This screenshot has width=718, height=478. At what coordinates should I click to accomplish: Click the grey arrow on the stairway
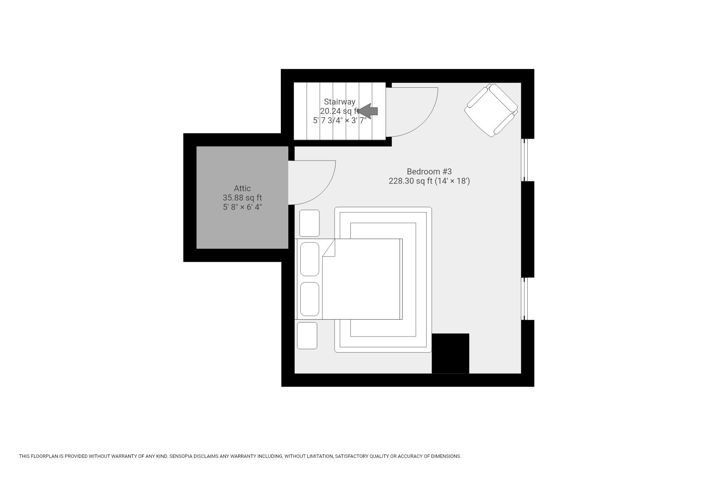point(368,111)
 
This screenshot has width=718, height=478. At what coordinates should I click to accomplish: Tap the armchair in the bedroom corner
point(491,110)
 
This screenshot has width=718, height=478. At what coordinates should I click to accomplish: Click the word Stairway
point(339,102)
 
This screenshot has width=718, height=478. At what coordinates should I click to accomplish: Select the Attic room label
point(242,188)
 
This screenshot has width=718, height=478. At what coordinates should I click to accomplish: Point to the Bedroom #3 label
point(429,171)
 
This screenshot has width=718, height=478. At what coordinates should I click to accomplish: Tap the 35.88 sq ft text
point(242,198)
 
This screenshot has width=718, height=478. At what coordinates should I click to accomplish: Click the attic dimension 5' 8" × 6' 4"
point(242,207)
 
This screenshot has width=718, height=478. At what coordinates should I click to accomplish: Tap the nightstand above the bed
point(309,223)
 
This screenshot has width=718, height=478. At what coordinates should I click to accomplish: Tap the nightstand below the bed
point(307,335)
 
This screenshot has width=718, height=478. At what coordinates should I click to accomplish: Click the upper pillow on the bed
point(310,259)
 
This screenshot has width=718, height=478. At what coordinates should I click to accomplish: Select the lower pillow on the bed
point(310,299)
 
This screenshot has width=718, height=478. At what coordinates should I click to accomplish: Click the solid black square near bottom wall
point(450,353)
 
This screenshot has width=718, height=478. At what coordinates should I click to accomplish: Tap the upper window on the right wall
point(524,160)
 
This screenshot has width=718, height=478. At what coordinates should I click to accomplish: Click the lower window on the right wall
point(524,298)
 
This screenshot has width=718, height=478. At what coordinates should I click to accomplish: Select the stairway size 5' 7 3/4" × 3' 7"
point(339,121)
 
